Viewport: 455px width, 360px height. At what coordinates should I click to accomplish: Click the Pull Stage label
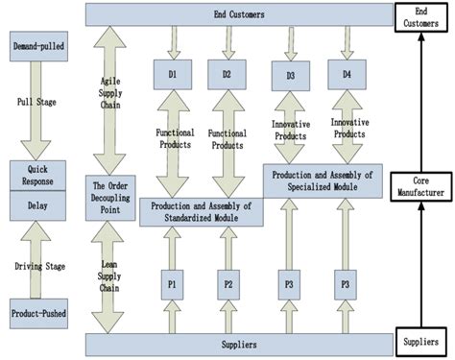(34, 102)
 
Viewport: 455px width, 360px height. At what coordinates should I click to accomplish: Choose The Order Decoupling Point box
(110, 198)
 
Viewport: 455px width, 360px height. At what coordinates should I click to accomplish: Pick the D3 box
(291, 74)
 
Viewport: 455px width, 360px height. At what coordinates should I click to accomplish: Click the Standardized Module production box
(202, 211)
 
